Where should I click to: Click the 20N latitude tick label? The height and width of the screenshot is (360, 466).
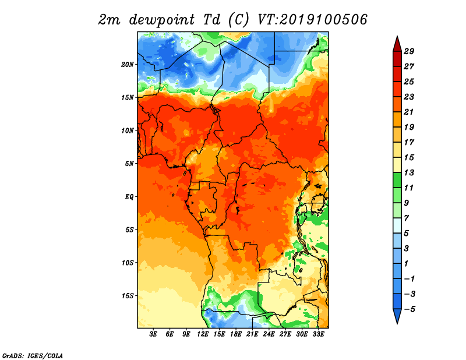tap(127, 65)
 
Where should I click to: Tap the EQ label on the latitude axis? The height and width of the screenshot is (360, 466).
tap(129, 197)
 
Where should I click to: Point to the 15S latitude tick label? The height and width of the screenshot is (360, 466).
tap(128, 296)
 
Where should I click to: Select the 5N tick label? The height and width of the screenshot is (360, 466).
tap(129, 164)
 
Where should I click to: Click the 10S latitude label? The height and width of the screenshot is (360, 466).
tap(128, 263)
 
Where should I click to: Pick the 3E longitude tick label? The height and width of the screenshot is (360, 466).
tap(153, 334)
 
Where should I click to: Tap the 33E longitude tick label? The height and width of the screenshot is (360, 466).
tap(318, 334)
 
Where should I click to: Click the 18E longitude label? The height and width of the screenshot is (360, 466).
tap(236, 334)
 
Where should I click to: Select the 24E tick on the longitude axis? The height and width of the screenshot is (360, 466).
tap(269, 334)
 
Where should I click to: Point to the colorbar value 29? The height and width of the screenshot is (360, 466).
tap(409, 51)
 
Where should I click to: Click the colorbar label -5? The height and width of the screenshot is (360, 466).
tap(409, 309)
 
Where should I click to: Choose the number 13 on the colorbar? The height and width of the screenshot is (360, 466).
tap(409, 172)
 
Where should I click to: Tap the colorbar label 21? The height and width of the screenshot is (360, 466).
tap(409, 112)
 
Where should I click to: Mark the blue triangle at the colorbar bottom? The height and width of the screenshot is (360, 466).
tap(397, 315)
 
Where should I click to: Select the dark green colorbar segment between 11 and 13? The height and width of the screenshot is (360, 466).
tap(397, 180)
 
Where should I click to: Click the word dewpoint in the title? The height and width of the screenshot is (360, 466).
tap(162, 20)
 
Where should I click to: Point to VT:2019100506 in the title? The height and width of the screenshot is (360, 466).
tap(312, 20)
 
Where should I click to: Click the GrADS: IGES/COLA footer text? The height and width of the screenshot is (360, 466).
tap(33, 355)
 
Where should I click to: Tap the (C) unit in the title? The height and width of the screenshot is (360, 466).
tap(238, 20)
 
